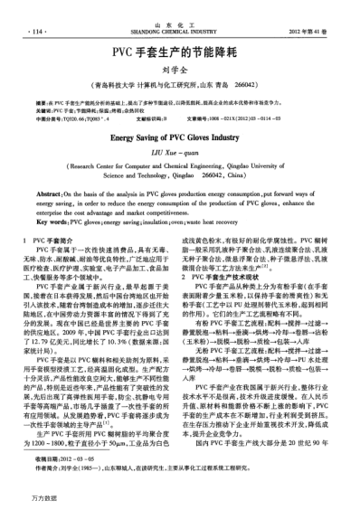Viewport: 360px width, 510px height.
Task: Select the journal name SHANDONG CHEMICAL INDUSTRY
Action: click(x=179, y=33)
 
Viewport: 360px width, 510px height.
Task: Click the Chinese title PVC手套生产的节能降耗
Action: click(x=179, y=54)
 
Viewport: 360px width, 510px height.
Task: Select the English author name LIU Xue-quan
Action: click(x=179, y=158)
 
